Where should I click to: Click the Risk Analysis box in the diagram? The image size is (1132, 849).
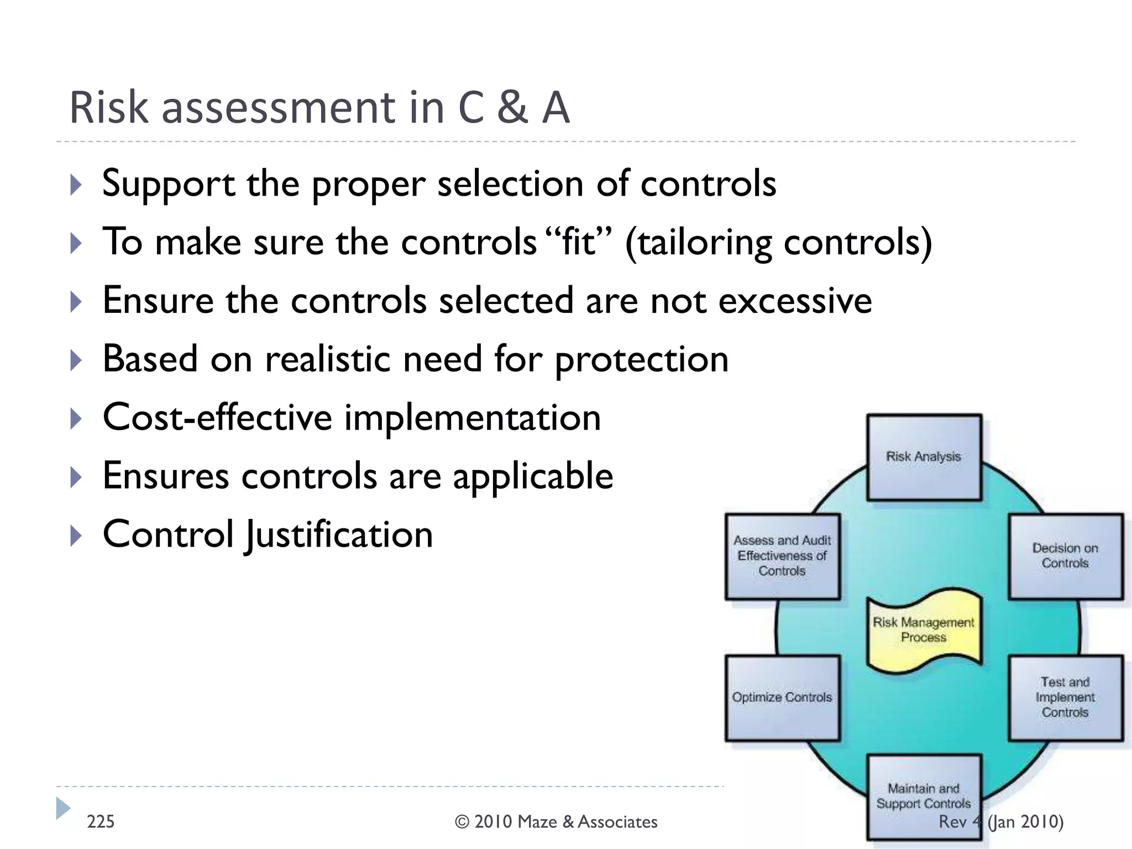[x=924, y=457]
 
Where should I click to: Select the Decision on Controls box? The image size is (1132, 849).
[x=1065, y=556]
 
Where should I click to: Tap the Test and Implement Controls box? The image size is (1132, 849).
[x=1065, y=698]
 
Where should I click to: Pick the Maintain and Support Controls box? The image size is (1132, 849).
[x=924, y=796]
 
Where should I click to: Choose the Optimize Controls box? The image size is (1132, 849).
[x=782, y=698]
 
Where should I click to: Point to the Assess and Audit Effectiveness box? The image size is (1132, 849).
[x=782, y=556]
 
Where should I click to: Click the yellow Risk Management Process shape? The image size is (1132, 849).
[x=924, y=630]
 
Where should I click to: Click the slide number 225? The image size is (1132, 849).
[x=101, y=822]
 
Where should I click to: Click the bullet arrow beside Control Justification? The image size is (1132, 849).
[x=76, y=536]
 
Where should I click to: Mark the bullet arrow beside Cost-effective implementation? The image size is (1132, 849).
[x=76, y=418]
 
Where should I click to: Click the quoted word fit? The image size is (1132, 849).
[x=578, y=243]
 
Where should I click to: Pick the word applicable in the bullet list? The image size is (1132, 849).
[x=533, y=476]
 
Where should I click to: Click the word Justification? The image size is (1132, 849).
[x=339, y=536]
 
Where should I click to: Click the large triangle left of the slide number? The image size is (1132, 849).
[x=63, y=808]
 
